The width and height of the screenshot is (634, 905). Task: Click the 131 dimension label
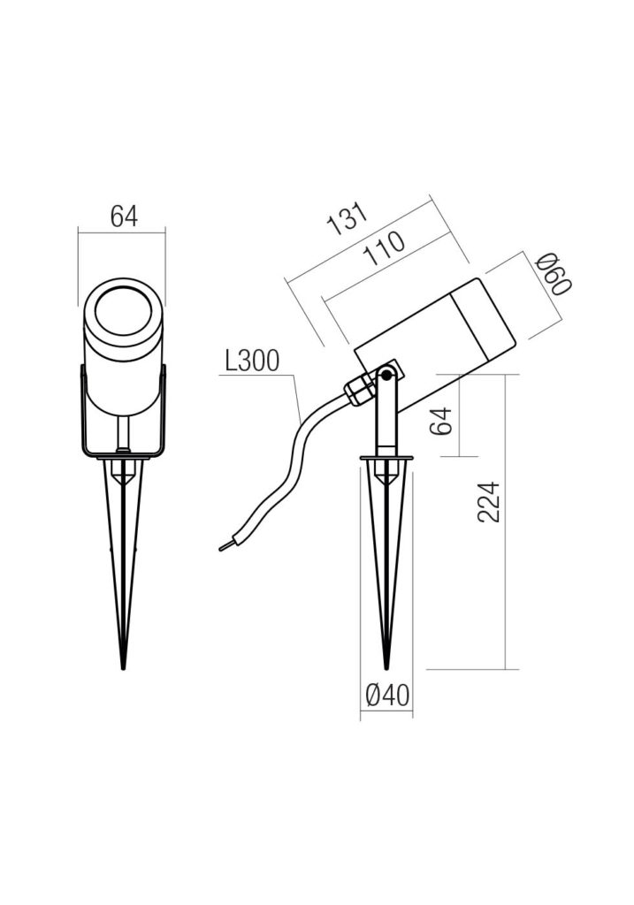point(347,219)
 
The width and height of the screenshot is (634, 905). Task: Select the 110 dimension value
point(385,248)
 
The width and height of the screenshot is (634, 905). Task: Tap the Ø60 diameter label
point(554,275)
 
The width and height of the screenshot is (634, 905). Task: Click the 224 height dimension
point(488,502)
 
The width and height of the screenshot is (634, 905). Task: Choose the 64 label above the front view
point(124,217)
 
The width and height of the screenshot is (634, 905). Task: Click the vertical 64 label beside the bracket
point(440,421)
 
